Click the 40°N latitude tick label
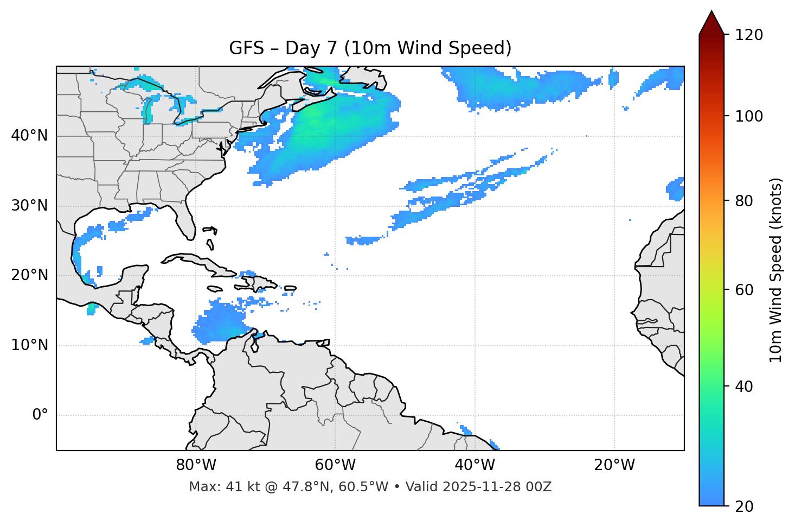pyautogui.click(x=29, y=136)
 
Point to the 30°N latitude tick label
pyautogui.click(x=29, y=206)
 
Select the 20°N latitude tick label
pyautogui.click(x=29, y=275)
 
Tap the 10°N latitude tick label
pyautogui.click(x=29, y=345)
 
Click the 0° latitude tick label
pyautogui.click(x=40, y=415)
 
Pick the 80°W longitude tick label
pyautogui.click(x=196, y=465)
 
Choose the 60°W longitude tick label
pyautogui.click(x=335, y=465)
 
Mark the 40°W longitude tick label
pyautogui.click(x=475, y=465)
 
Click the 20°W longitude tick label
pyautogui.click(x=614, y=465)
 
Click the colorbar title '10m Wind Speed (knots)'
pyautogui.click(x=776, y=270)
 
